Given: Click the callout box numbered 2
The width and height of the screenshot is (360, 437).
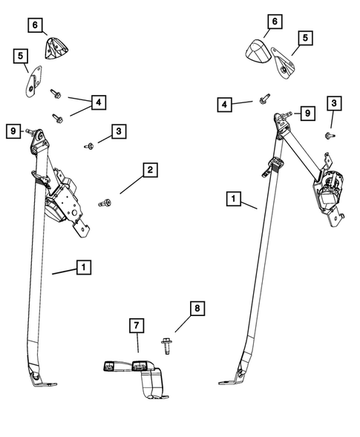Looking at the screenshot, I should pos(150,171).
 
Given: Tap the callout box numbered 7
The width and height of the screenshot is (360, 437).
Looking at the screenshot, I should pos(137,325).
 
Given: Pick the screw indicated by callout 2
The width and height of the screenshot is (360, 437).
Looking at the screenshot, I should pos(105,203).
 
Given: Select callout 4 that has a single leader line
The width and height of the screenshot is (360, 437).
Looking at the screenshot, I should pos(225,105).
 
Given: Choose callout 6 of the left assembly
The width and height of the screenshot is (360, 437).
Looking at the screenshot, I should pos(35,26).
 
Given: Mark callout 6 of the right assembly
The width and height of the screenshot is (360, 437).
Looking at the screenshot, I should pos(274,23).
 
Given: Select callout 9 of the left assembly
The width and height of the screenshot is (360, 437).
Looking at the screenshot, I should pos(13,131).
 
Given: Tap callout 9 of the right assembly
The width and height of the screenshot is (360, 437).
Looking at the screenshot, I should pos(307,113).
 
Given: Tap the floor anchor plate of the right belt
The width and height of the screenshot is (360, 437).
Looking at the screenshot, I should pos(229,381).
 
